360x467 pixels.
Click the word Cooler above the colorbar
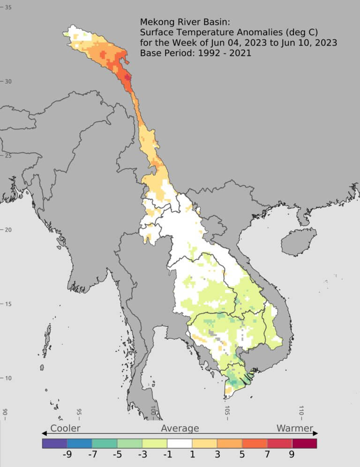coord(65,428)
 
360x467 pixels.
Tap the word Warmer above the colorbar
coord(294,428)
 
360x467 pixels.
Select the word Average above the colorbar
coord(180,428)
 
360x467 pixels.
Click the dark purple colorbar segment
coord(54,443)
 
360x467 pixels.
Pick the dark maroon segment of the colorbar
coord(304,443)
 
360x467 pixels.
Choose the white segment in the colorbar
coord(180,443)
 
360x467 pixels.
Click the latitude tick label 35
coord(8,8)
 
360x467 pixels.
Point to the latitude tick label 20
coord(8,230)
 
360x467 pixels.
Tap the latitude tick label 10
coord(8,378)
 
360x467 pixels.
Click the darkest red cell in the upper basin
coord(127,77)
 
